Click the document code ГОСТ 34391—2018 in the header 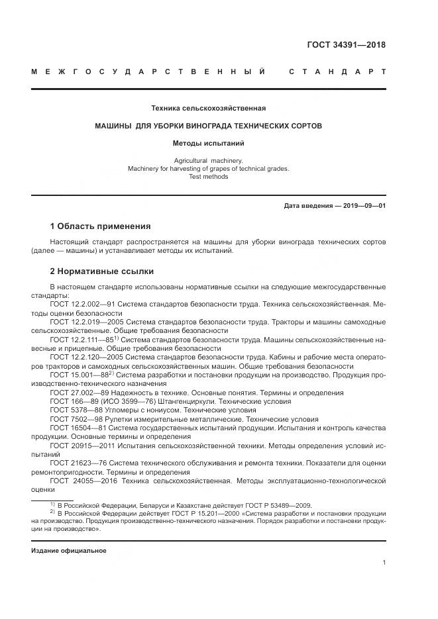[346, 45]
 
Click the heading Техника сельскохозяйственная [209, 108]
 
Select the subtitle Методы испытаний [209, 142]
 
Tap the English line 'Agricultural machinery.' [209, 161]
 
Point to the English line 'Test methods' [209, 177]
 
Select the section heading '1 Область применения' [100, 226]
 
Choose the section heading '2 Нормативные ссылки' [101, 271]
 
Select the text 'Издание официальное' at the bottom [68, 551]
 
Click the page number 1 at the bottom [384, 563]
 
